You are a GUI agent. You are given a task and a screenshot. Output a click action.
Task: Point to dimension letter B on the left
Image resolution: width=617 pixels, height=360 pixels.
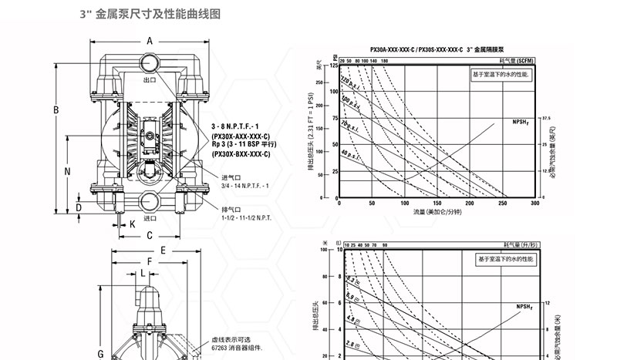click(56, 110)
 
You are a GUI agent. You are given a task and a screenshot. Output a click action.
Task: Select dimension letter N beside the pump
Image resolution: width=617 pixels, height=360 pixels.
click(68, 171)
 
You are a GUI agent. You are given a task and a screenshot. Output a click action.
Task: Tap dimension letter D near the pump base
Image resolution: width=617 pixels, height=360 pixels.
click(79, 208)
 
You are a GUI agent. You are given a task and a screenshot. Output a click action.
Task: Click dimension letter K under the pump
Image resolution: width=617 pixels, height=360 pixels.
click(132, 224)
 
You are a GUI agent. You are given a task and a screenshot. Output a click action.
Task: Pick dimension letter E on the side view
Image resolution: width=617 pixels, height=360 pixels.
click(164, 251)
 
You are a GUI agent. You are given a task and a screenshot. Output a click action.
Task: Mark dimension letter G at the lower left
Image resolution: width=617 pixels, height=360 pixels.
click(100, 353)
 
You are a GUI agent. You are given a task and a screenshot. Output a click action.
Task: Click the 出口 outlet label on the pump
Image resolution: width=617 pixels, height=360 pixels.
click(150, 79)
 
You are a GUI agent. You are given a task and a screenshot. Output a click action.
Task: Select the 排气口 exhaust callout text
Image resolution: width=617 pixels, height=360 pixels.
click(234, 209)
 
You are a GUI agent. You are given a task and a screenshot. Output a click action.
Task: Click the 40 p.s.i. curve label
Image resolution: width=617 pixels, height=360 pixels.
click(350, 153)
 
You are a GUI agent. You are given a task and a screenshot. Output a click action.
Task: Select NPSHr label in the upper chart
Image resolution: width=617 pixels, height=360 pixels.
click(522, 122)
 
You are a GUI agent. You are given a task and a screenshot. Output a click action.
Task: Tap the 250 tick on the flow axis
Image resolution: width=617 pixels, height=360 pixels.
click(503, 204)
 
